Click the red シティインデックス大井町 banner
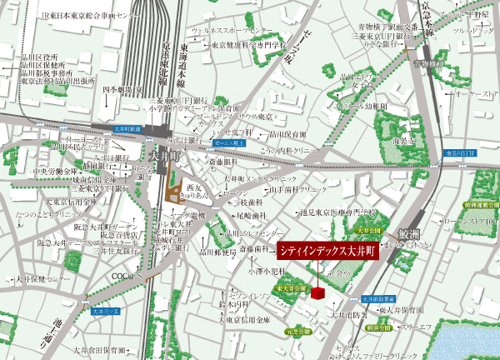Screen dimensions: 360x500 pos(327,250)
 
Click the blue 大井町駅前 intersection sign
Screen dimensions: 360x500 pos(130,129)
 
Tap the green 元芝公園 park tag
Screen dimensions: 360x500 pos(297,331)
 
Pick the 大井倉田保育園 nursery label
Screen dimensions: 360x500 pos(99,351)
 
